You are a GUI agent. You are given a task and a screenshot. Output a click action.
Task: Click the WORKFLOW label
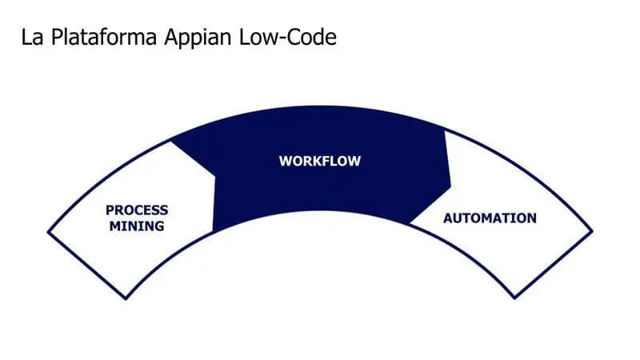320,161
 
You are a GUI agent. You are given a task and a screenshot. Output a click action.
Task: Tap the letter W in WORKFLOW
284,161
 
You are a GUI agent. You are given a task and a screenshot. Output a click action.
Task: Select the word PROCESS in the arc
137,210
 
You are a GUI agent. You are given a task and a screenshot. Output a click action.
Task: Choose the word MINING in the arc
138,226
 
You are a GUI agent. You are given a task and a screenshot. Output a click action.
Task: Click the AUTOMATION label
490,218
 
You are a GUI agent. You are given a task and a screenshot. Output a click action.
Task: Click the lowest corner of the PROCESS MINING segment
127,299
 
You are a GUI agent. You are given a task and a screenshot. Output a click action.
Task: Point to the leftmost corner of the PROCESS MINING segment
48,232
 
